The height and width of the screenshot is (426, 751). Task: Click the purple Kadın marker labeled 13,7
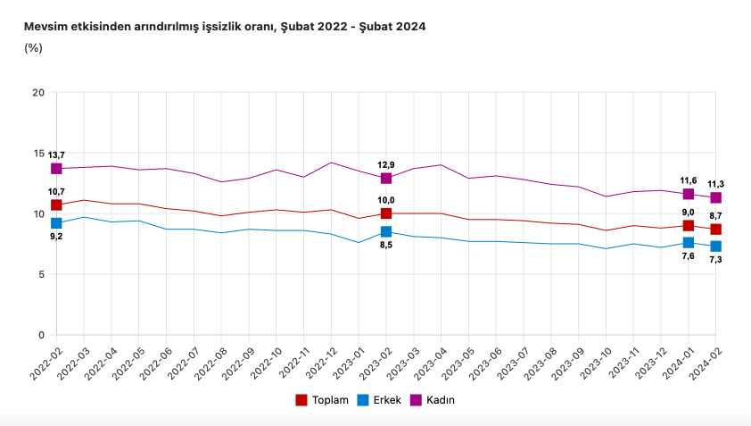click(56, 169)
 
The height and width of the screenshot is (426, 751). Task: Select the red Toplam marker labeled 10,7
click(56, 205)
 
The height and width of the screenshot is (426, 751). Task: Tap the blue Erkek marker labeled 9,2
click(56, 223)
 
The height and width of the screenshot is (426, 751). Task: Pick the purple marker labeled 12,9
click(386, 179)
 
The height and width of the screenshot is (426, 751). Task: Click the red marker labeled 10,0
click(386, 213)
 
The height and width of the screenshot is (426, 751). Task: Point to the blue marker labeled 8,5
click(386, 231)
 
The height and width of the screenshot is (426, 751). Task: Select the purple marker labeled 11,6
click(689, 194)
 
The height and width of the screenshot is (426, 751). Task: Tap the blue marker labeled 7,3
click(716, 246)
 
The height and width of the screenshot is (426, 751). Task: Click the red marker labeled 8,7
click(716, 230)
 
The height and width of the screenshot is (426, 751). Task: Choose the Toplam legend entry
click(322, 400)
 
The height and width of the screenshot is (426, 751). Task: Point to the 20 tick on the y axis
click(38, 93)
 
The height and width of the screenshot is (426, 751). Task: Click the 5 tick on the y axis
click(41, 274)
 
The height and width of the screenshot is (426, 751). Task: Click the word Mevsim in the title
click(45, 27)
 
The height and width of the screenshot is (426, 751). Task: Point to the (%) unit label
click(34, 48)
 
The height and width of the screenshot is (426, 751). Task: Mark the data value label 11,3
click(716, 184)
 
